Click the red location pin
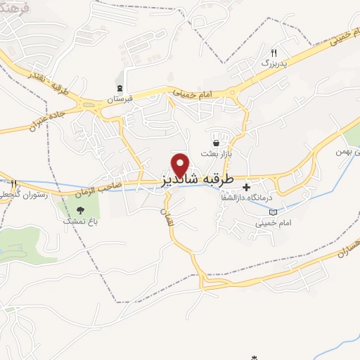181,165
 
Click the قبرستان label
120,100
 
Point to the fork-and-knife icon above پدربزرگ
274,53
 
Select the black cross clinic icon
247,187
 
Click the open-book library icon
274,212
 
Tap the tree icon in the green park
79,210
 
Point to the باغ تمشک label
79,221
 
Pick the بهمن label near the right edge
348,150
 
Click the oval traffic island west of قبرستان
89,106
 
